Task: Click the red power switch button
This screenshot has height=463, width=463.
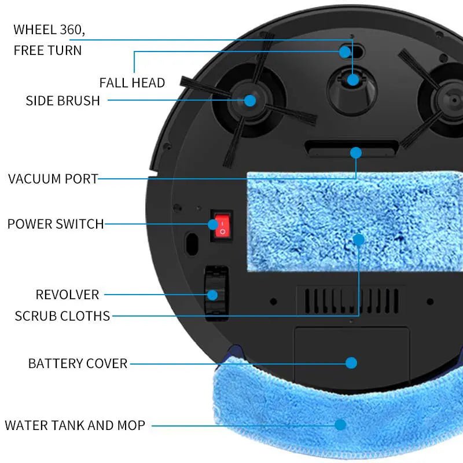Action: point(221,226)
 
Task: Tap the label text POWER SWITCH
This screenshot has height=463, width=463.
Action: point(56,224)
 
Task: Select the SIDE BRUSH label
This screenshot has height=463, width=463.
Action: point(63,101)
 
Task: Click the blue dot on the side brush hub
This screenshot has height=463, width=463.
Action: point(249,100)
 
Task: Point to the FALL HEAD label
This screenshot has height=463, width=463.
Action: point(132,83)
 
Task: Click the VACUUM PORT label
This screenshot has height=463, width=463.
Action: point(53,178)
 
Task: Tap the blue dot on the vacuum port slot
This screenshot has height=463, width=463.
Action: point(355,153)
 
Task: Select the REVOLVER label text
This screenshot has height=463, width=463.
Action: point(67,295)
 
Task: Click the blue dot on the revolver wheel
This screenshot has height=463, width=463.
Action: point(212,295)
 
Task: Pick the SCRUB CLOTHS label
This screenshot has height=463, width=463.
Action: point(63,316)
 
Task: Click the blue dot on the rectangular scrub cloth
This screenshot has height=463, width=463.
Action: point(359,239)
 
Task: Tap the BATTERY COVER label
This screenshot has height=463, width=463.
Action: point(78,363)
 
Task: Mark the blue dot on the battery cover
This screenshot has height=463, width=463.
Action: point(351,363)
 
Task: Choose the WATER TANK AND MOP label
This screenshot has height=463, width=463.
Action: point(75,425)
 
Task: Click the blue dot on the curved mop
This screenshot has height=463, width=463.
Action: point(340,424)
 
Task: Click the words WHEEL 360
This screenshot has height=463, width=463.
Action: point(53,30)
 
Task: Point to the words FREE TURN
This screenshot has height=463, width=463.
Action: point(47,50)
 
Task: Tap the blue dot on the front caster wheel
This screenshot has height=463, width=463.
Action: point(353,80)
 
